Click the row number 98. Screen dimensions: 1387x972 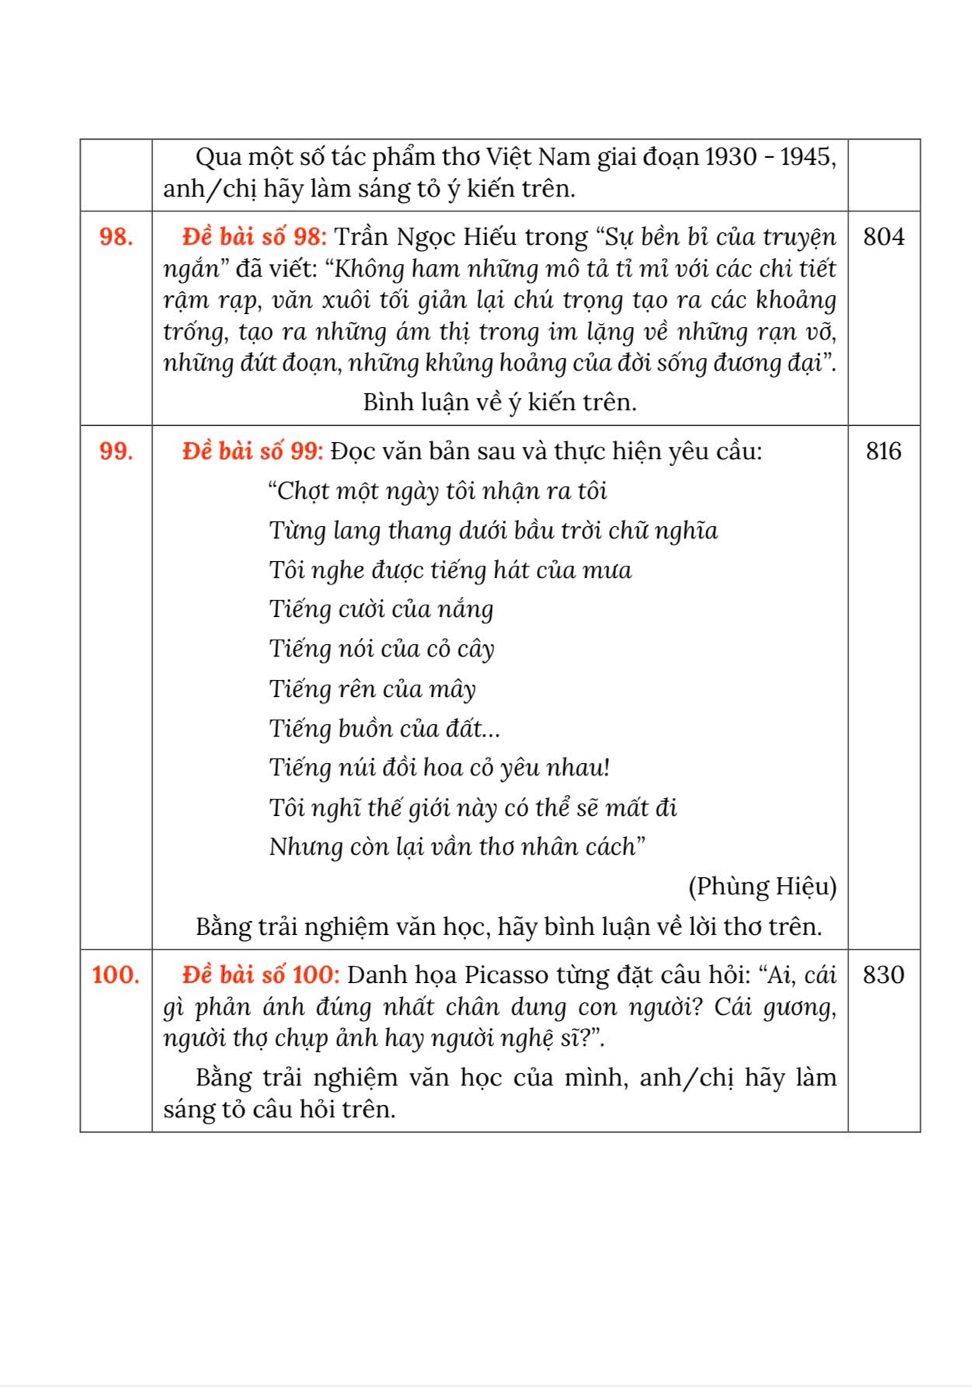[116, 237]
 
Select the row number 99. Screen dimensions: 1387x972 [116, 451]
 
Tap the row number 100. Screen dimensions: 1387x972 [116, 974]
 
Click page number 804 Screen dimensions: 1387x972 [883, 236]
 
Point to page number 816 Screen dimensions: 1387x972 [883, 451]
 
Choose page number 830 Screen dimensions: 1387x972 [883, 974]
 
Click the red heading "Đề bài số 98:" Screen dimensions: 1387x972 [255, 236]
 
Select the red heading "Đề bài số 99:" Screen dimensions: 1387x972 [253, 451]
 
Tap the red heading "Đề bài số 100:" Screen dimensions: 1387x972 [261, 974]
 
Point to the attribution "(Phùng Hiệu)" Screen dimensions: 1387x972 [762, 886]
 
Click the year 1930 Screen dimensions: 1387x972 [731, 157]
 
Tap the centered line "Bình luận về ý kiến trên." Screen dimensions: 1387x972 [500, 402]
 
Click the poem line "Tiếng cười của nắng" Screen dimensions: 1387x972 [381, 608]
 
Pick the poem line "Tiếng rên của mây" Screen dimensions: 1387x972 [372, 688]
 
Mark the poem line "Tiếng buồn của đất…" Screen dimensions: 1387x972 [385, 728]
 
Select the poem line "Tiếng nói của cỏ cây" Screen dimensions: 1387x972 [381, 648]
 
